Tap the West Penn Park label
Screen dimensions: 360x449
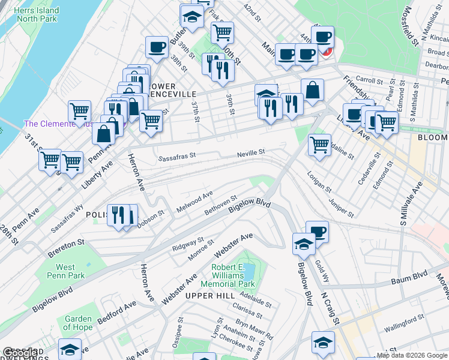[x=65, y=272]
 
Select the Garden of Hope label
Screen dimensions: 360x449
[x=79, y=323]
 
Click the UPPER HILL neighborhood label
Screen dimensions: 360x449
[x=209, y=296]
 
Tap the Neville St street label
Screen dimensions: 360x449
[x=250, y=153]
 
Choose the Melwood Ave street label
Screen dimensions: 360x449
[x=194, y=202]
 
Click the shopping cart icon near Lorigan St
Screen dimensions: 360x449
[x=319, y=144]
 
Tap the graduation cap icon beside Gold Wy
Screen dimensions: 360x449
[x=304, y=243]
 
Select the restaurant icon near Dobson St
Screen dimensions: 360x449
[x=118, y=214]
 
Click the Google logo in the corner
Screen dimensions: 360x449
[x=20, y=353]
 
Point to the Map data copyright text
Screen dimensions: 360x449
[x=412, y=355]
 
